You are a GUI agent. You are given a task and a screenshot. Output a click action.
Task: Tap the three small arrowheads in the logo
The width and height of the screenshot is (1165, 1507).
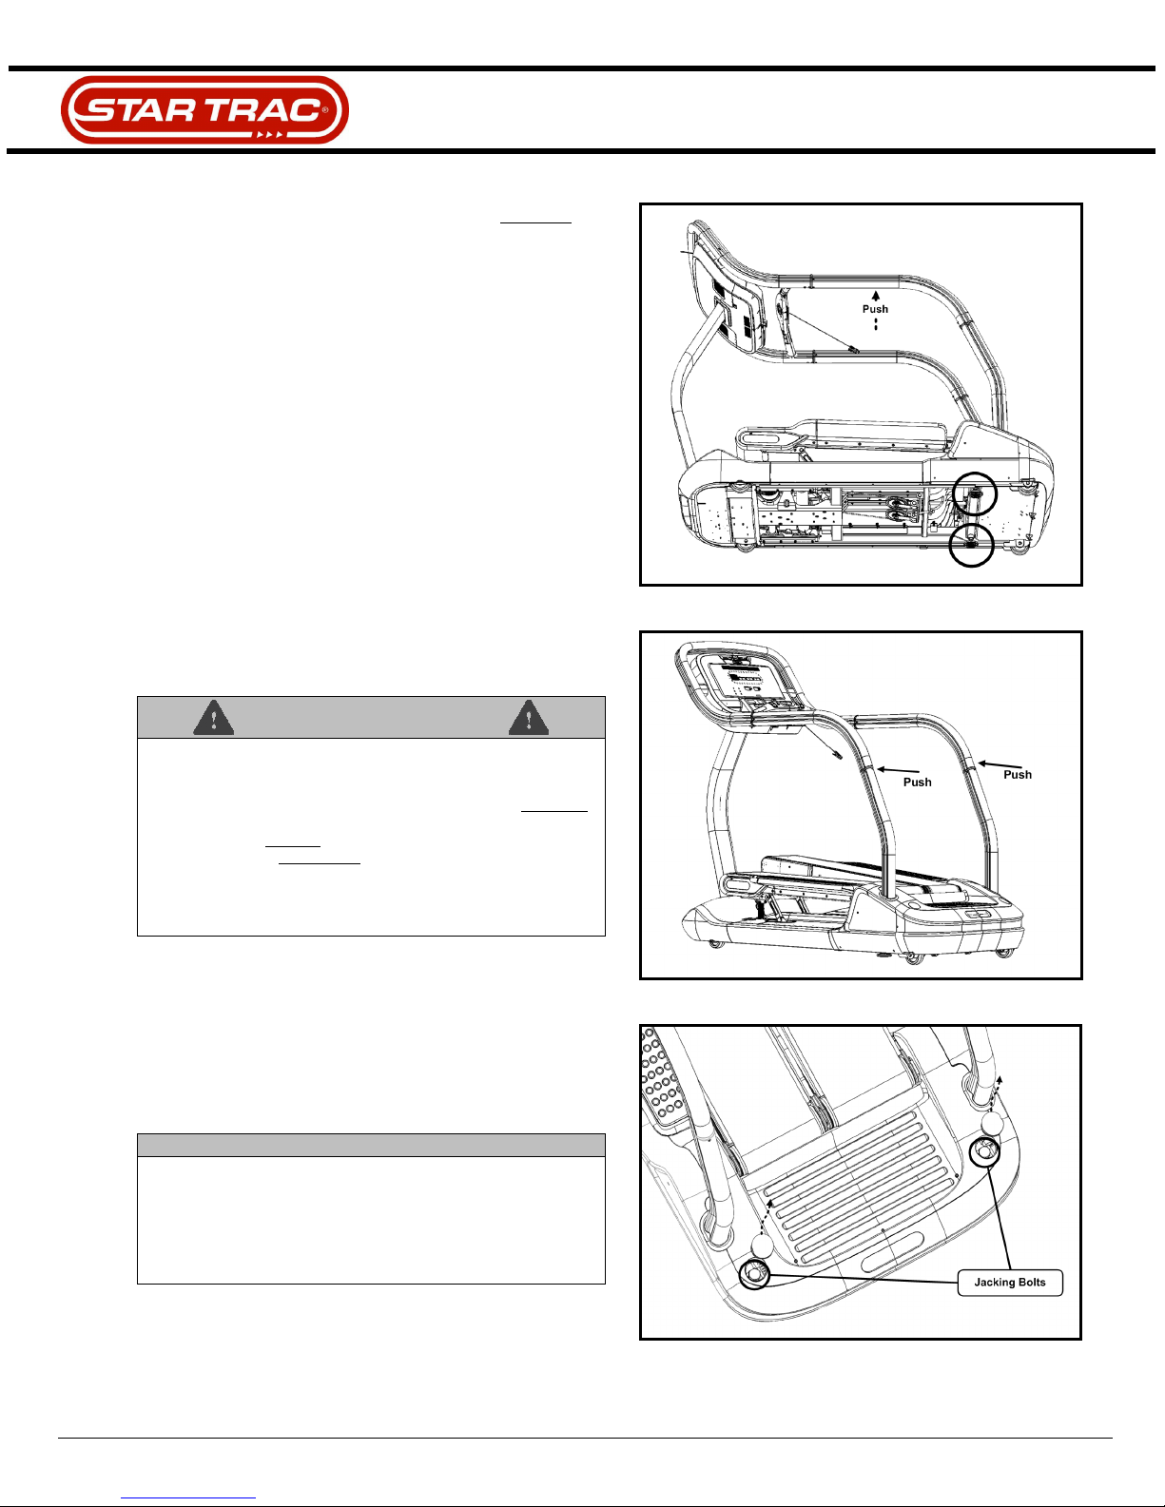[270, 135]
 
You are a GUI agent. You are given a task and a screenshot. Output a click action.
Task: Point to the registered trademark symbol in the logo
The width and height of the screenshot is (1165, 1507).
[325, 109]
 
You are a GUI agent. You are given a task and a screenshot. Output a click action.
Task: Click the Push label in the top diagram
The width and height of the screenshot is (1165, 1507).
[875, 309]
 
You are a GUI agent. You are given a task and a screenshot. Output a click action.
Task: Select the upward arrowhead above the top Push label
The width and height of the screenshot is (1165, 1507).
[876, 296]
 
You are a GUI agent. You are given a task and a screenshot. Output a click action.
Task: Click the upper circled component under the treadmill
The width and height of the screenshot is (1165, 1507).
[974, 494]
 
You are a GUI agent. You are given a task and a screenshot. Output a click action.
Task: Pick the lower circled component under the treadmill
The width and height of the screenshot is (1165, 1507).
[971, 545]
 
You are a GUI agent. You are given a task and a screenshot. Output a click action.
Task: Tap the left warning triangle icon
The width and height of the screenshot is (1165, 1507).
[214, 718]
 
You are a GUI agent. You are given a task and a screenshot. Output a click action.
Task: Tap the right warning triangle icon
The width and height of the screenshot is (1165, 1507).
[529, 718]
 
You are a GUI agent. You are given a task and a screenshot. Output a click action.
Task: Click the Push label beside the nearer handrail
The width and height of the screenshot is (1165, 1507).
[918, 782]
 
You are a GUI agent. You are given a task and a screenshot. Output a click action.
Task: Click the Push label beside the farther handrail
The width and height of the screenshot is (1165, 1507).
[1018, 775]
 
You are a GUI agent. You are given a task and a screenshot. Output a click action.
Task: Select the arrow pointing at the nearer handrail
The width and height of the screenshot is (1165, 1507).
[899, 770]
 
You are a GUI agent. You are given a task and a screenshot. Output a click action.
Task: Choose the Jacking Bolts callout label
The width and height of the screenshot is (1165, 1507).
[1010, 1283]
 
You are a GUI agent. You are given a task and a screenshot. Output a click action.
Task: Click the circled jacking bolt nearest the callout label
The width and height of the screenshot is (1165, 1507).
[984, 1152]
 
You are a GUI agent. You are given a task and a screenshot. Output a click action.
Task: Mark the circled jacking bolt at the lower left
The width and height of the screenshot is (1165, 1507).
[754, 1274]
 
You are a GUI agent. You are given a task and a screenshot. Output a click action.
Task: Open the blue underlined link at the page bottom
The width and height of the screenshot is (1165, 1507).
[188, 1496]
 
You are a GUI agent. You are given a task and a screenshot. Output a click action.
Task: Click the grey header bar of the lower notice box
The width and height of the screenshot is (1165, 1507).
[371, 1145]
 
